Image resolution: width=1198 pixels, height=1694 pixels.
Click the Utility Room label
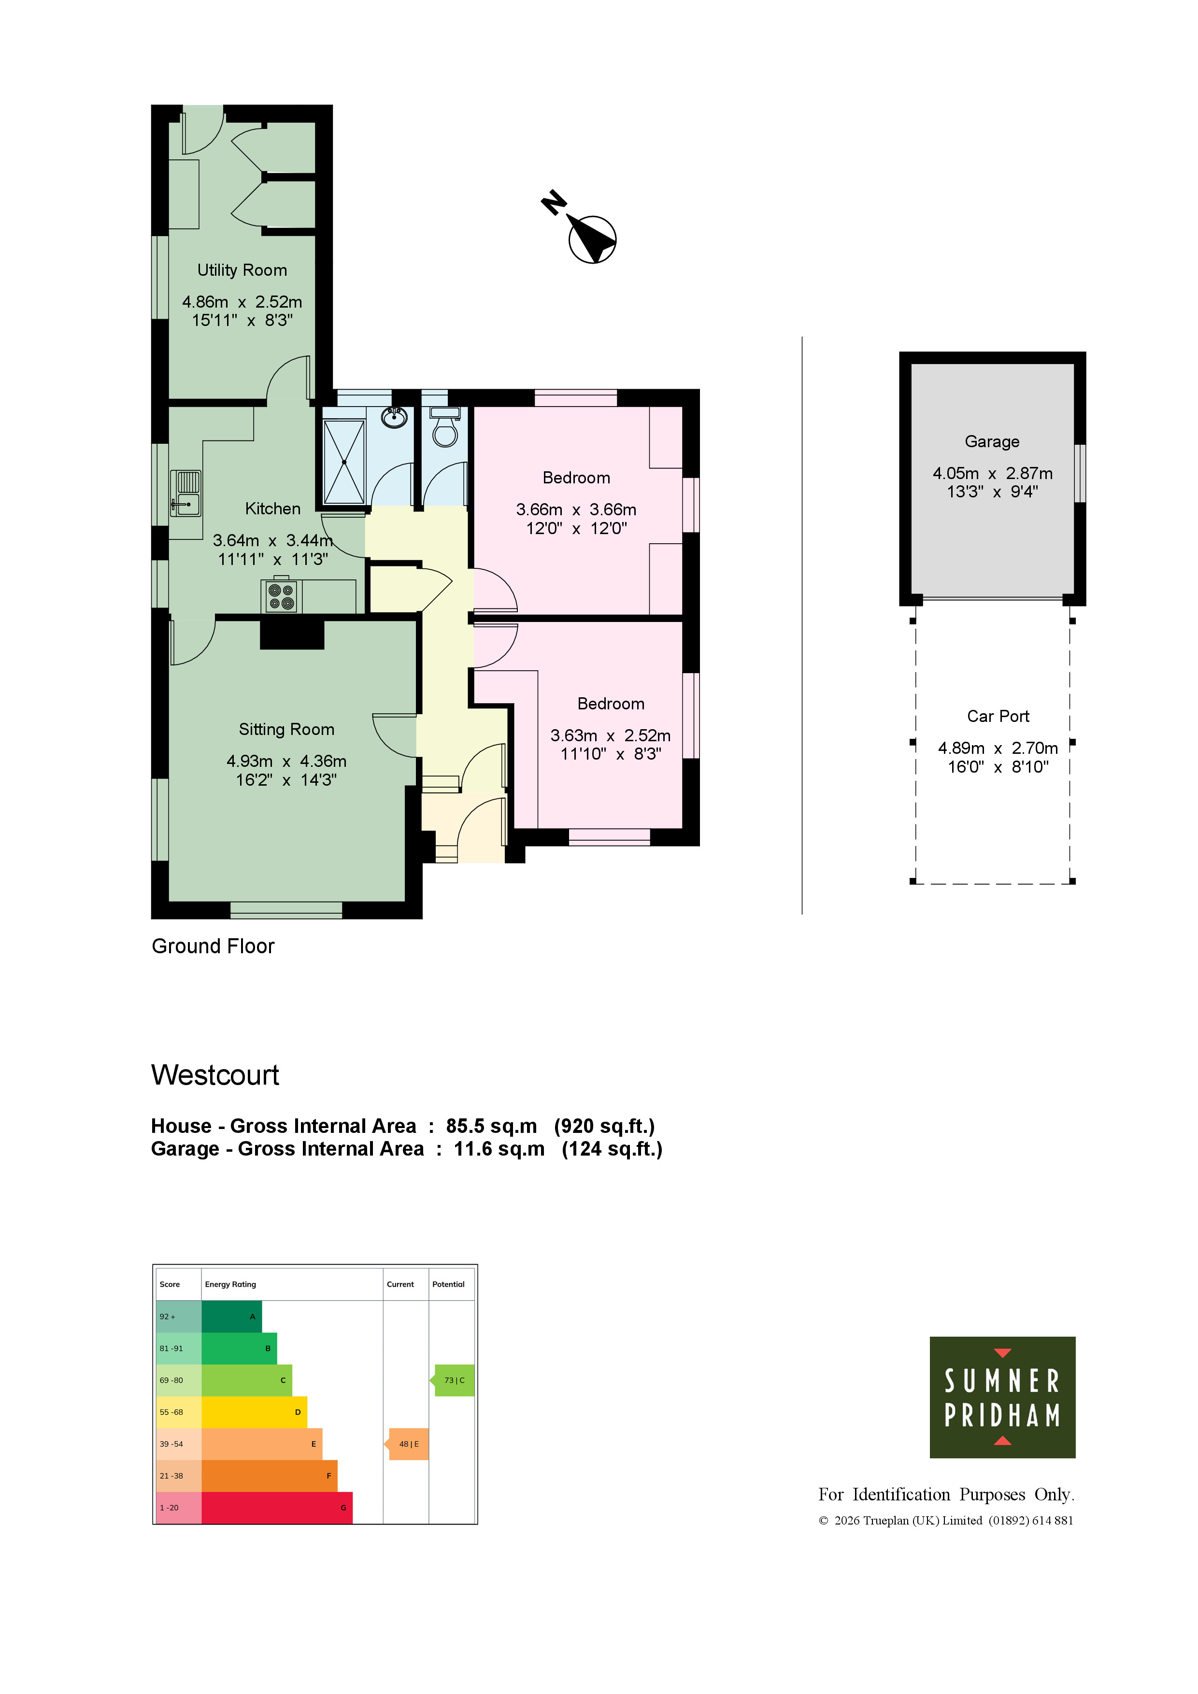click(242, 270)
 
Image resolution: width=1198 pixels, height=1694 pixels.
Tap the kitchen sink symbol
click(185, 493)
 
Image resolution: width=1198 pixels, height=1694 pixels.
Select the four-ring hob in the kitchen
click(281, 597)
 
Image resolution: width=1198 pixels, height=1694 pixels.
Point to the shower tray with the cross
click(344, 462)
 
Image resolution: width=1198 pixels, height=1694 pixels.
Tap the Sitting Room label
click(286, 729)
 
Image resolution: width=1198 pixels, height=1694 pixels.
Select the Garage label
click(992, 441)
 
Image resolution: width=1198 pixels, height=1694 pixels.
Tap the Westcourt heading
click(215, 1075)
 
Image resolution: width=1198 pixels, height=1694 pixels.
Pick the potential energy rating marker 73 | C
click(453, 1381)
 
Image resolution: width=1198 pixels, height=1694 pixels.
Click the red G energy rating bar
click(277, 1507)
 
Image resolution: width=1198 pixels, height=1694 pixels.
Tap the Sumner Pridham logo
click(1002, 1398)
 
